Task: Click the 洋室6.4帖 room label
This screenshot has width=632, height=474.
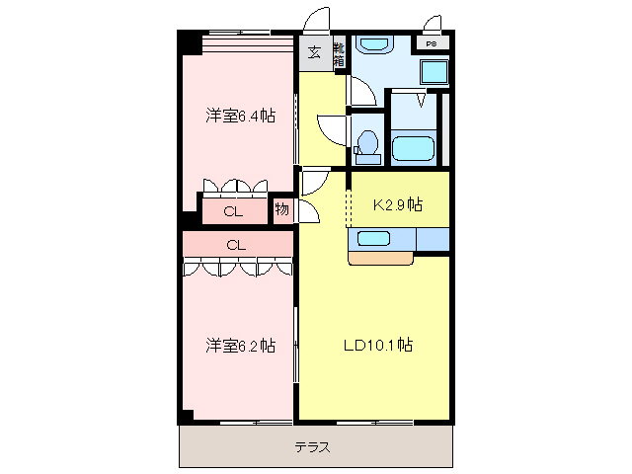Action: tap(240, 117)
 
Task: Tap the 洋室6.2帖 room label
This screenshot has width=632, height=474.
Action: tap(240, 346)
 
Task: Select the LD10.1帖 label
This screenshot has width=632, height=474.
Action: tap(377, 346)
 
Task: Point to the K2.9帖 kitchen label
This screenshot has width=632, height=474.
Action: tap(397, 205)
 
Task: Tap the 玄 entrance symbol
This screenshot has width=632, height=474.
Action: tap(314, 53)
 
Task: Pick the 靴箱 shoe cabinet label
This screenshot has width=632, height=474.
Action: tap(339, 54)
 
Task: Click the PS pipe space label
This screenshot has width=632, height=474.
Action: tap(432, 44)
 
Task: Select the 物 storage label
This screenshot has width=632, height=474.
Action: tap(282, 209)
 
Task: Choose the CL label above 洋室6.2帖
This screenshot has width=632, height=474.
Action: tap(235, 244)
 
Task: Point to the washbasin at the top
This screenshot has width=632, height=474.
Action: tap(373, 45)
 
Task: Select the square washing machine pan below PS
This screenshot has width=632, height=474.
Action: tap(433, 71)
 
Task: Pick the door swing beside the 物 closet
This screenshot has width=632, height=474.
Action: tap(308, 211)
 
